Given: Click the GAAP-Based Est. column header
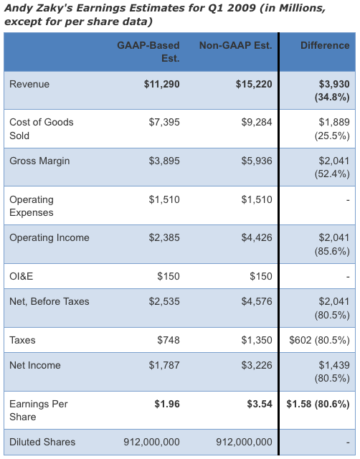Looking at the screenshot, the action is point(148,52).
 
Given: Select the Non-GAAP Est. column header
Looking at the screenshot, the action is point(236,45).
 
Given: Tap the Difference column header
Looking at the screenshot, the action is point(325,45).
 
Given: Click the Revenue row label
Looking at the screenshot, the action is point(29,85).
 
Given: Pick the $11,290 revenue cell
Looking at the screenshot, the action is point(162,85).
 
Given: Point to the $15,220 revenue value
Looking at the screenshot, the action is point(254,85).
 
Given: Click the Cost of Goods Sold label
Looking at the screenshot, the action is point(42,129).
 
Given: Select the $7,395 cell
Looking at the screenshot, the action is point(164,123).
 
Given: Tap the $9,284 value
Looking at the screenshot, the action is point(257,123).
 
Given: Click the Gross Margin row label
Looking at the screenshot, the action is point(39,161).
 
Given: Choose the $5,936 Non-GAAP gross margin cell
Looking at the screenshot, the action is point(257,161).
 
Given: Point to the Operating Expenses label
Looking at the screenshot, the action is point(32,206).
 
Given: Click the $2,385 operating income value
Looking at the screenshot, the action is point(164,237).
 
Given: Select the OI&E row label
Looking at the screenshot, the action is point(21,276).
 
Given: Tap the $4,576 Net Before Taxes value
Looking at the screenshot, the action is point(257,301).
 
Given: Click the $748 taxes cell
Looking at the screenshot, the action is point(169,340).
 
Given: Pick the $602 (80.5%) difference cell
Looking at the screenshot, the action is point(319,340).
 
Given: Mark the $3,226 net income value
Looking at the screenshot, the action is point(257,365).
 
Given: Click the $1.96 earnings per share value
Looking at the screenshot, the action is point(167,404).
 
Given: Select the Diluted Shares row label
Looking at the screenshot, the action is point(42,442).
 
